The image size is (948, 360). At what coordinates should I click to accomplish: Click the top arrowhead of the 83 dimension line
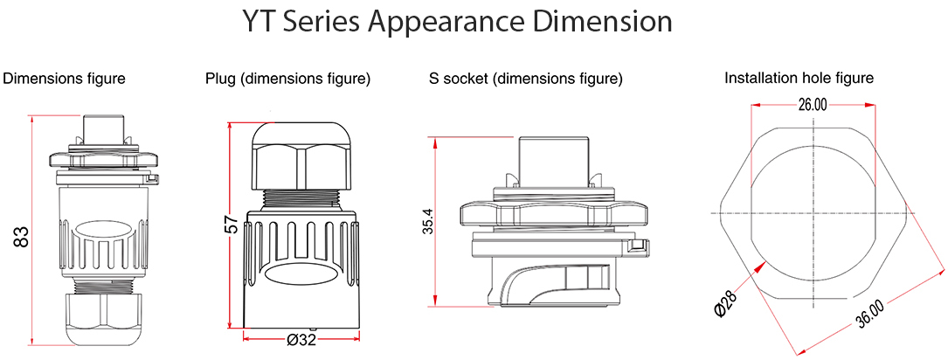click(x=32, y=116)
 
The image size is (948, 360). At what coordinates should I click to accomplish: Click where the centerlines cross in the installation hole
click(x=813, y=213)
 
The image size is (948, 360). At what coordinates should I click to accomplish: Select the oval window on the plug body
click(x=297, y=274)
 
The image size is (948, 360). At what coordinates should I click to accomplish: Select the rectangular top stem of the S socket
click(x=553, y=156)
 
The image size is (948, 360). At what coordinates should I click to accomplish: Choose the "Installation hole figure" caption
click(x=799, y=79)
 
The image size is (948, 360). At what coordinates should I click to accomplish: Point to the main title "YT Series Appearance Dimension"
click(x=457, y=22)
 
